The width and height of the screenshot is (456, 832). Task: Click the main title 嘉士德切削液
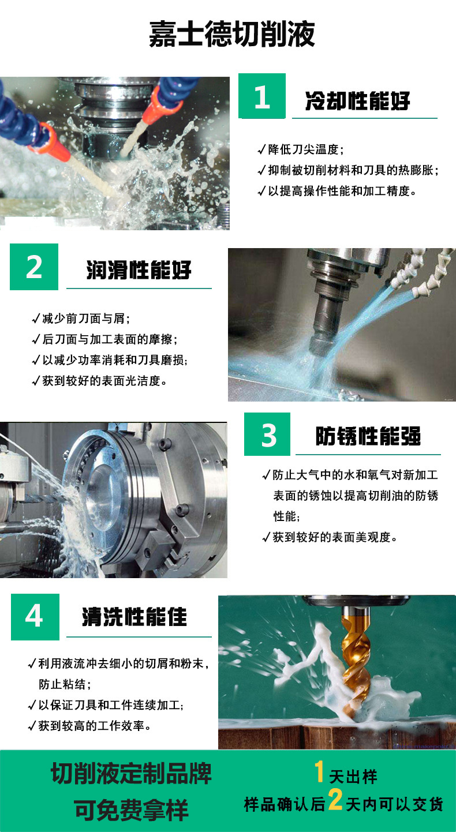click(x=232, y=34)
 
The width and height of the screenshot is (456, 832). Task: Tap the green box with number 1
click(x=262, y=96)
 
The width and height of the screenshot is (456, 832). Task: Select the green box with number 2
click(x=34, y=267)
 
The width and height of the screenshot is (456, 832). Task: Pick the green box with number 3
click(x=267, y=434)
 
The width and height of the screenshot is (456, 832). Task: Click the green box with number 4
click(x=35, y=616)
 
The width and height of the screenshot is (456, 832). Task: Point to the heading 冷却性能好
click(x=358, y=102)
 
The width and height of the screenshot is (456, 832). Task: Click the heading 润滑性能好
click(x=139, y=270)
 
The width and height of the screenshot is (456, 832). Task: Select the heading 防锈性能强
click(x=368, y=437)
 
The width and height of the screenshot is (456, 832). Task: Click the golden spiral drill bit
click(x=353, y=658)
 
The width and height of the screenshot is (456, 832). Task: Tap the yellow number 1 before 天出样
click(x=319, y=772)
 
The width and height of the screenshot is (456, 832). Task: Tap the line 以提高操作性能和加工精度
click(x=341, y=191)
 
